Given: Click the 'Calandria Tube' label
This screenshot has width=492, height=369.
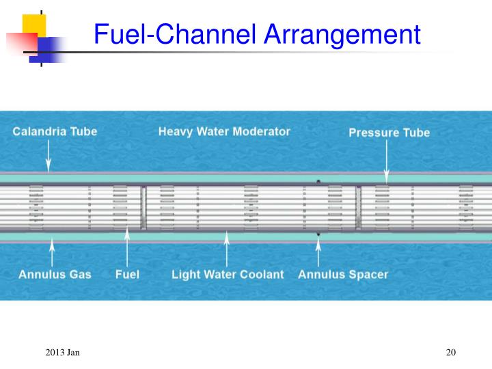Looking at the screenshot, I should pyautogui.click(x=55, y=132).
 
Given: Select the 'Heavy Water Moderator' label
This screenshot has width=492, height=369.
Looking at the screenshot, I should pyautogui.click(x=224, y=131).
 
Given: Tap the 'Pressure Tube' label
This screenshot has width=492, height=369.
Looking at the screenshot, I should pyautogui.click(x=389, y=133).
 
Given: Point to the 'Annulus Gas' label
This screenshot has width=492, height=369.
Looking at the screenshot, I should pyautogui.click(x=55, y=275).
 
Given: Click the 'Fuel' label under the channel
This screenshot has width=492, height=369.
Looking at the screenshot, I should pyautogui.click(x=127, y=275).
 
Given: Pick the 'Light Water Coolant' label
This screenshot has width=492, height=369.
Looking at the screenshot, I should pyautogui.click(x=228, y=275).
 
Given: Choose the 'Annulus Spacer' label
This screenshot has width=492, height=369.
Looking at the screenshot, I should pyautogui.click(x=342, y=275).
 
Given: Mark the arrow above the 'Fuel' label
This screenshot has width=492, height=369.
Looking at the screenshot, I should pyautogui.click(x=126, y=246).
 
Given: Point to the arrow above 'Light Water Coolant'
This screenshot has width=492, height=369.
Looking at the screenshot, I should pyautogui.click(x=226, y=249).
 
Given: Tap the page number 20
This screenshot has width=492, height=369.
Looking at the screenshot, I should pyautogui.click(x=450, y=352).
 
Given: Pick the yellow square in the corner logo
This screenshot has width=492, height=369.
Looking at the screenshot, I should pyautogui.click(x=33, y=25).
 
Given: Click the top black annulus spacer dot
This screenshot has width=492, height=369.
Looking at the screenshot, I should pyautogui.click(x=318, y=181).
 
